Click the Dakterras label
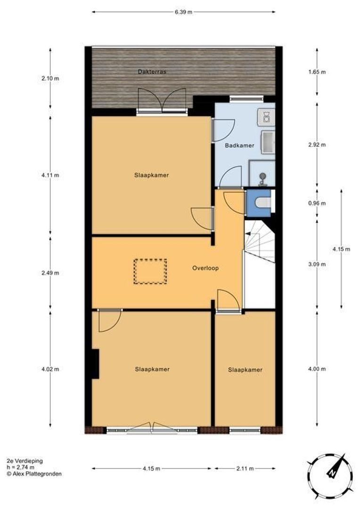(152, 72)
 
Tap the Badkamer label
(239, 146)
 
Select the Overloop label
(205, 268)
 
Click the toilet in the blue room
(263, 203)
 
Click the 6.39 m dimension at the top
(183, 12)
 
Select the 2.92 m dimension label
(317, 145)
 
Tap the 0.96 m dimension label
(317, 203)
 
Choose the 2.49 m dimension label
(50, 273)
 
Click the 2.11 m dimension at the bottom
(245, 468)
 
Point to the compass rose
(330, 477)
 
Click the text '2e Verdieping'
(25, 461)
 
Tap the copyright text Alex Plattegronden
(34, 474)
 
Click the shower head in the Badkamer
(262, 178)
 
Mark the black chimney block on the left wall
(95, 363)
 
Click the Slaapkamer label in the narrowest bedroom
(245, 370)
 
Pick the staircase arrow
(250, 233)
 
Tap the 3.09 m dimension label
(317, 264)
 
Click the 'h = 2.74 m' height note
(20, 468)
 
